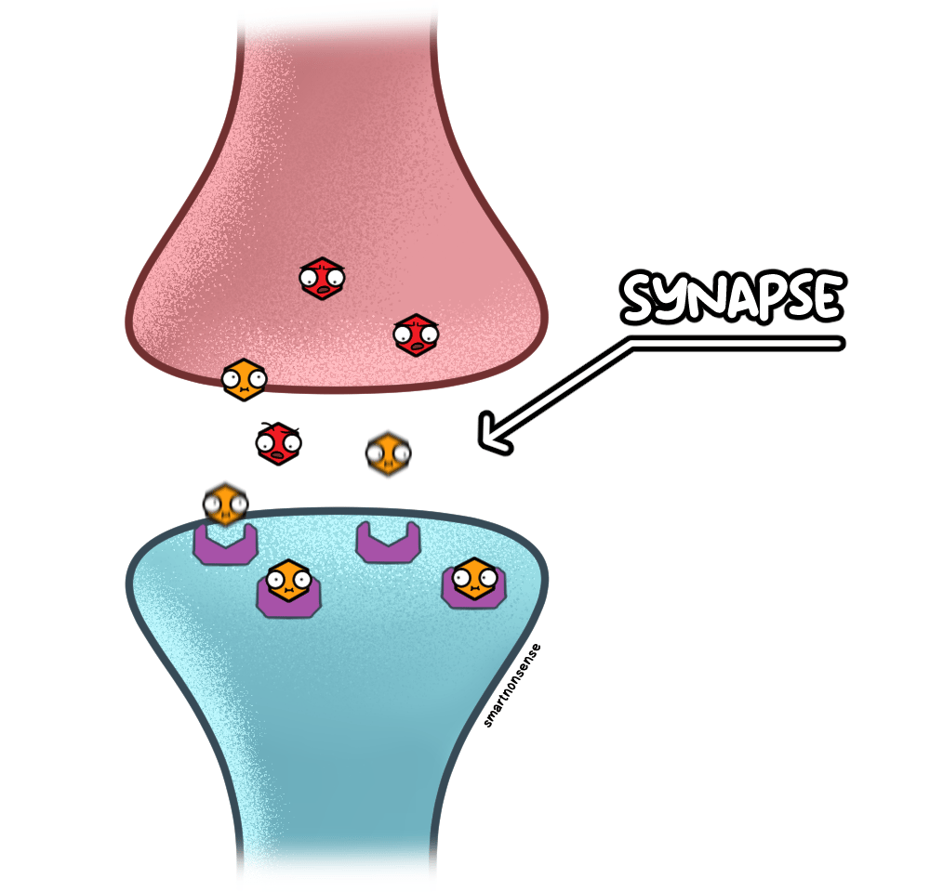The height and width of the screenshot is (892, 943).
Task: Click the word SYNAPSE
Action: [733, 297]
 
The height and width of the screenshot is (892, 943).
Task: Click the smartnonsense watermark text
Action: [512, 686]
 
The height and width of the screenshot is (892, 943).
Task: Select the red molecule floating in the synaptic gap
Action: [278, 443]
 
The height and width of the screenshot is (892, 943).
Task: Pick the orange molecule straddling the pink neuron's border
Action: [244, 379]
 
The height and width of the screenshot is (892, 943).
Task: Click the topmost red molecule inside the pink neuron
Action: [323, 279]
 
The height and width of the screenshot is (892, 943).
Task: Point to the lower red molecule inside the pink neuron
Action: [416, 334]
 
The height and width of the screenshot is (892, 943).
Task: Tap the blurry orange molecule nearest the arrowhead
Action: [389, 453]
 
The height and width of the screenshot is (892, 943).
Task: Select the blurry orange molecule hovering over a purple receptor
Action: [226, 504]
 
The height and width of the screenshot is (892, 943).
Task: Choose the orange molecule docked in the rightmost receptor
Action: [474, 579]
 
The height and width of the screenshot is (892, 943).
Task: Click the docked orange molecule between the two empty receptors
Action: [288, 581]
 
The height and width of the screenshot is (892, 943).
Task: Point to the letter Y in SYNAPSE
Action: [671, 298]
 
